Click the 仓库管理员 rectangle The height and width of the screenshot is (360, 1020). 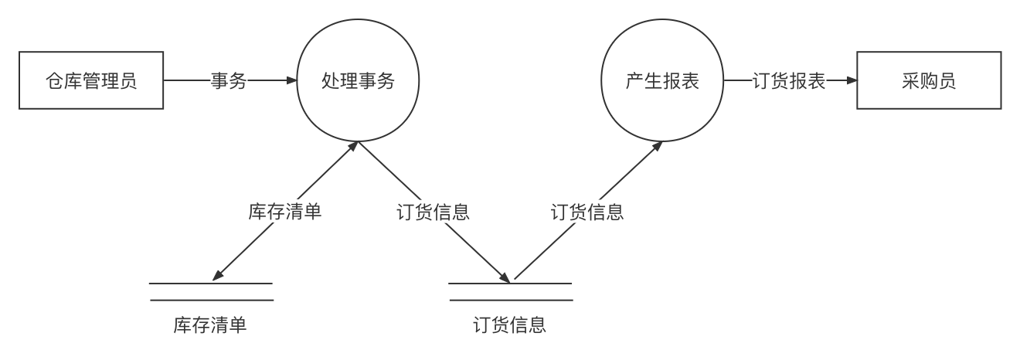pos(91,80)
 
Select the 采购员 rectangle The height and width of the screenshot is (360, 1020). pos(928,80)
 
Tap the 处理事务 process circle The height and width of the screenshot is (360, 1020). pos(358,80)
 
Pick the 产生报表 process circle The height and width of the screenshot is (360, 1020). pos(662,80)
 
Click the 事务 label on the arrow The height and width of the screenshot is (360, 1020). pos(229,80)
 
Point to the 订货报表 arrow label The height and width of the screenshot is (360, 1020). pos(789,80)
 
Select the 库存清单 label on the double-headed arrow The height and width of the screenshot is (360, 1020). pos(285,211)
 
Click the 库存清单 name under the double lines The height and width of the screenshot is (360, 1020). pos(210,324)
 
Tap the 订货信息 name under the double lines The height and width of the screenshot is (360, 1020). pos(510,324)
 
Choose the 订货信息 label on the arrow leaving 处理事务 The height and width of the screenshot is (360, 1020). pos(433,212)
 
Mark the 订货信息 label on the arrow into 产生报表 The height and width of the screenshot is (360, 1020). pos(587,212)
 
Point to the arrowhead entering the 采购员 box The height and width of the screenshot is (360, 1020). pos(852,80)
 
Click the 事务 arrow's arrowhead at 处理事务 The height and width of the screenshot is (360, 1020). pos(292,80)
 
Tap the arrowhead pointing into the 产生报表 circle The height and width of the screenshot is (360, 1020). pos(658,146)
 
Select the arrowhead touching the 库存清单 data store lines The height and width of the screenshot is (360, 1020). pos(217,276)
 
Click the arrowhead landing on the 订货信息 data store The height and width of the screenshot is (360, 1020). pos(505,278)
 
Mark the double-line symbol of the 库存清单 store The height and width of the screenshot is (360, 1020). pos(211,292)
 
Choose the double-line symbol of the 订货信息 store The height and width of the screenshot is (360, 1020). pos(510,292)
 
